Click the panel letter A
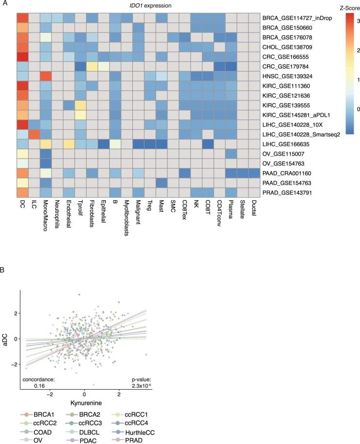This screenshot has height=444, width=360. tap(4, 4)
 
